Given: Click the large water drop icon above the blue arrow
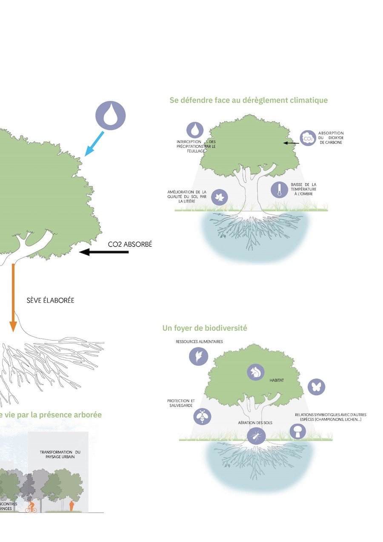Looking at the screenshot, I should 110,114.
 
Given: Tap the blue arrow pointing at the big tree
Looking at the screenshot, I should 94,144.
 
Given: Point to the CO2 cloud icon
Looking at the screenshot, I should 308,138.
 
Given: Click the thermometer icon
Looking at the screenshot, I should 280,190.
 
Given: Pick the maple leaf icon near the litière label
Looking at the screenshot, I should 220,197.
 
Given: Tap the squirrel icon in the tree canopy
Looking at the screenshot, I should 256,372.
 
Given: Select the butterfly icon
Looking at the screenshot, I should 316,387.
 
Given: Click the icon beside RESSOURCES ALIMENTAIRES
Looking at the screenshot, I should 198,356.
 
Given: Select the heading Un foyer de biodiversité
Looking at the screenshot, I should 205,328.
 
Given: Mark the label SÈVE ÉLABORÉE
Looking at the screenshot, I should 50,300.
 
